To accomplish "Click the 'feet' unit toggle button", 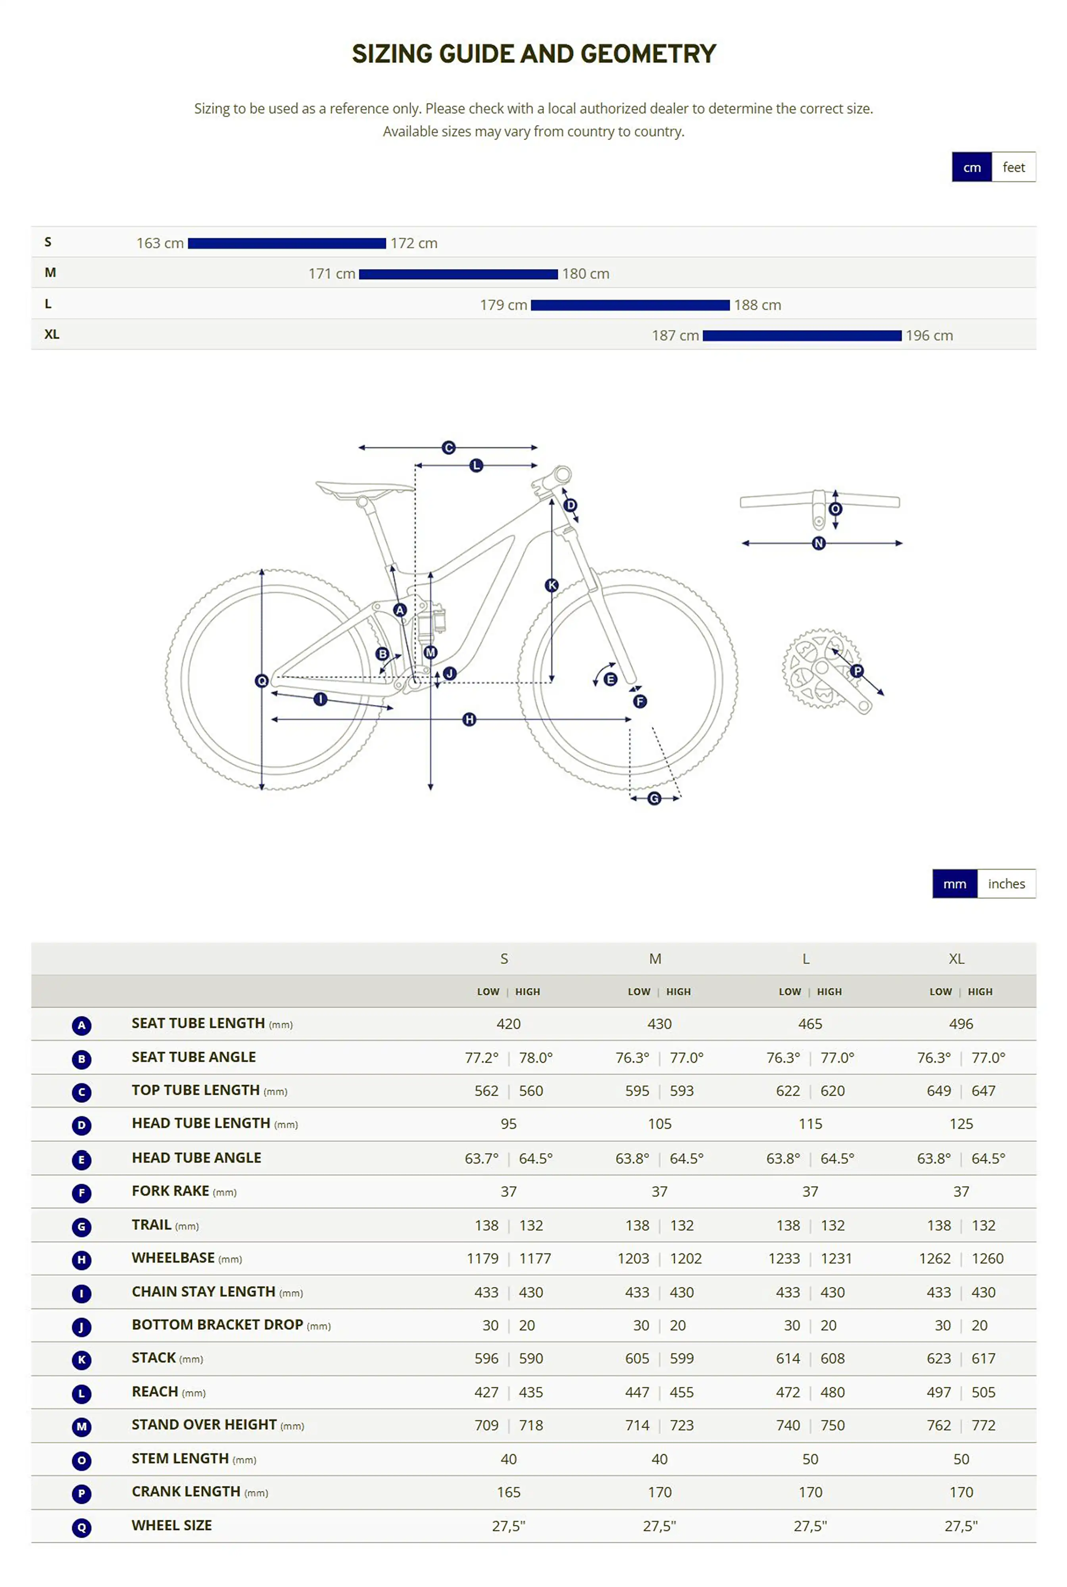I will pos(1013,167).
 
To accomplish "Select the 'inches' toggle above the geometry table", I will pos(1006,884).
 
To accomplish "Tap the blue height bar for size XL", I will pos(802,335).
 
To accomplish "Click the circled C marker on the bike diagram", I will pos(448,448).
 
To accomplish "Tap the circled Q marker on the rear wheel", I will pos(261,681).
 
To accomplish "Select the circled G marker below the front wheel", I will pos(654,799).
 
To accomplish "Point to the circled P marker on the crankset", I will pos(857,671).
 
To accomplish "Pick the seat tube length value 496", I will pos(961,1024).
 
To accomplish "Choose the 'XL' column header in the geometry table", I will pos(956,959).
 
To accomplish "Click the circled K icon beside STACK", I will pos(82,1360).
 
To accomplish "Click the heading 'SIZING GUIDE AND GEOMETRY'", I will pos(533,54).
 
